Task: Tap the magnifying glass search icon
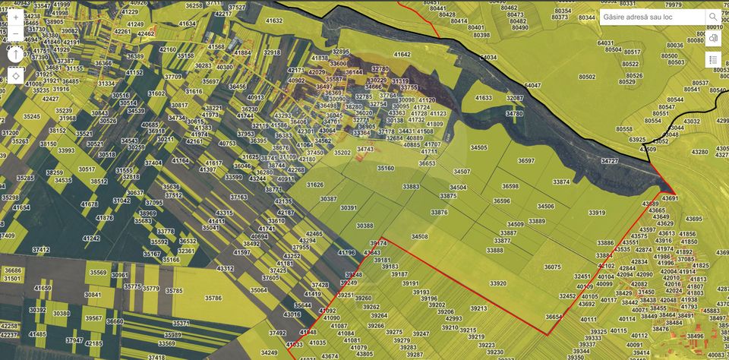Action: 713,17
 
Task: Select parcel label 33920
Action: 498,283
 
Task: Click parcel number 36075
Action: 553,267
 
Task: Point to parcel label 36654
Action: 554,317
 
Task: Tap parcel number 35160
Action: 385,168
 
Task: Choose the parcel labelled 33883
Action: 412,186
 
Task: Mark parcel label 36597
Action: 526,161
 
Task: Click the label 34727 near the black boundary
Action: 610,161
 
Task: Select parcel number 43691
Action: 670,197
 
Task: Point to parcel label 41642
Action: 402,55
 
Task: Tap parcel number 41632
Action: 274,21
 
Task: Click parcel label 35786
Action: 213,298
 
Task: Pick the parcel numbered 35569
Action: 98,272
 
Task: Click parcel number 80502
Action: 587,77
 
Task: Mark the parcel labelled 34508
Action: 419,237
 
